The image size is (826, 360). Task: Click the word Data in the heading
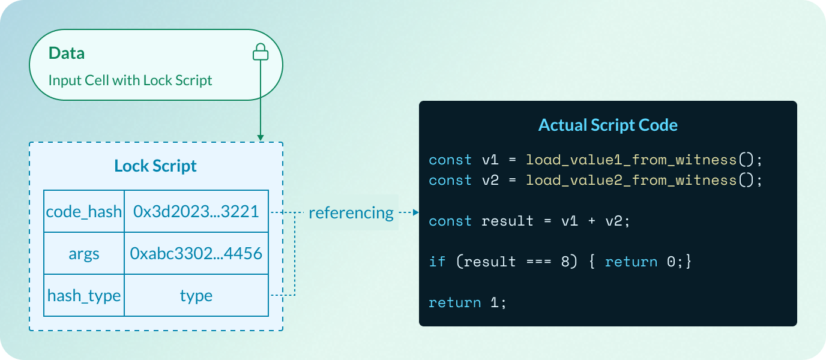tap(67, 53)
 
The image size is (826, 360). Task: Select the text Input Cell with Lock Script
tap(130, 80)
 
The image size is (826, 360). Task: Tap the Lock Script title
tap(155, 166)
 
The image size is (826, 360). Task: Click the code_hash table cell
tap(84, 212)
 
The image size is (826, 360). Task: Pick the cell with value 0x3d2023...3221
tap(196, 212)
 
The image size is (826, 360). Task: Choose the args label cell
tap(84, 253)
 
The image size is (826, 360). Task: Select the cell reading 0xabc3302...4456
tap(196, 253)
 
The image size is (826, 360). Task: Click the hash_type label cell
tap(84, 295)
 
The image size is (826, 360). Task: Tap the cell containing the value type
tap(196, 295)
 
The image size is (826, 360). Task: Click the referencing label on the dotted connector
tap(351, 212)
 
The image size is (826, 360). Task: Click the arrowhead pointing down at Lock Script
tap(260, 138)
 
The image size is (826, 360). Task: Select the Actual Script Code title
tap(607, 125)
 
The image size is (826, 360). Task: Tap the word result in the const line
tap(507, 221)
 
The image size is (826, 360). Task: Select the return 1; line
tap(468, 302)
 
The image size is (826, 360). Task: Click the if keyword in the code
tap(437, 262)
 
